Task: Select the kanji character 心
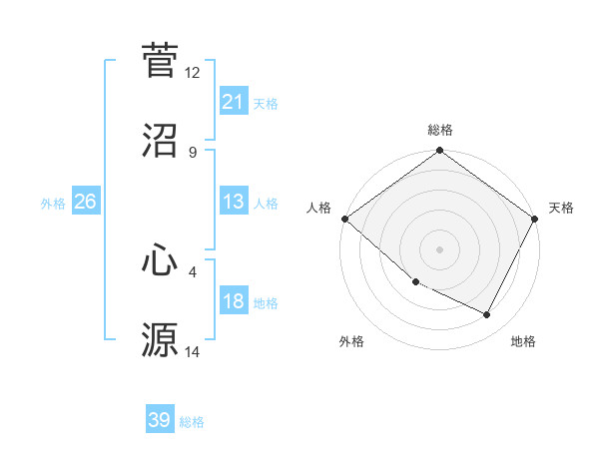[160, 259]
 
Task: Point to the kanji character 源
[160, 339]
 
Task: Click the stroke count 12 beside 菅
[193, 73]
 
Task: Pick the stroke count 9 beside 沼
[193, 153]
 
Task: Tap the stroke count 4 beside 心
[193, 270]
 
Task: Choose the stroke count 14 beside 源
[193, 351]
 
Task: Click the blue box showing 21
[234, 102]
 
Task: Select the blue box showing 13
[234, 202]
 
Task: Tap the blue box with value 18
[234, 301]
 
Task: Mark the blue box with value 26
[85, 202]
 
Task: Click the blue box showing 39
[160, 420]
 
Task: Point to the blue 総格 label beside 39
[192, 422]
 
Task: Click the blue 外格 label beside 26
[53, 204]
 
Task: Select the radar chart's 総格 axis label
[440, 130]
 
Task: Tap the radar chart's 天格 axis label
[561, 208]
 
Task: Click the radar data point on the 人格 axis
[344, 219]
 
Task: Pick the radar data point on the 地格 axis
[487, 315]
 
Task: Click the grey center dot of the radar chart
[440, 249]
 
